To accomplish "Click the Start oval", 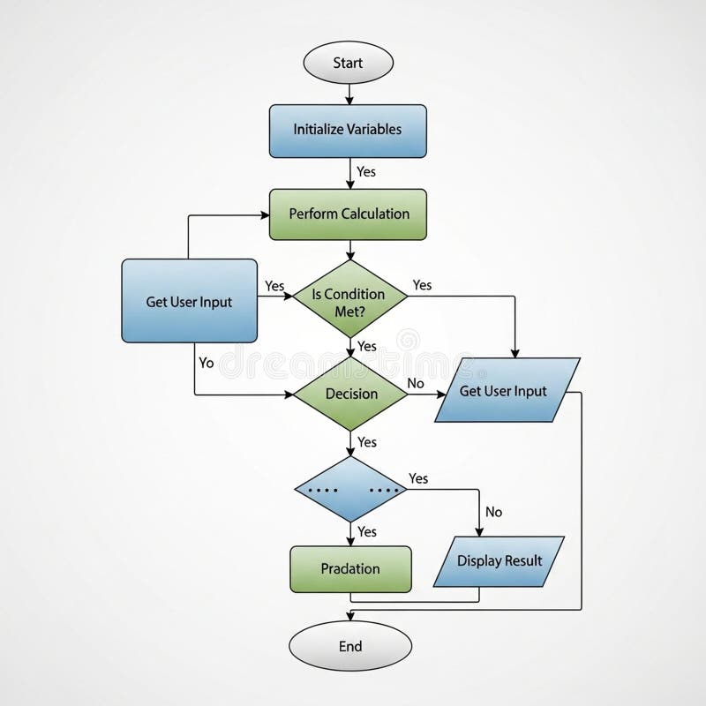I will [348, 63].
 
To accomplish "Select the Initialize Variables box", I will [348, 129].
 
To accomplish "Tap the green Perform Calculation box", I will [349, 214].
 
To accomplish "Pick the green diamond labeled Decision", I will [349, 394].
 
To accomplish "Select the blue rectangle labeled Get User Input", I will [189, 301].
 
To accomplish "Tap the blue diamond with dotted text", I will [349, 489].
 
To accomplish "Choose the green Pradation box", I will [350, 569].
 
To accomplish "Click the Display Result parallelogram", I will [499, 560].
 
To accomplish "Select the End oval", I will [350, 646].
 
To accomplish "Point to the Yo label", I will [207, 363].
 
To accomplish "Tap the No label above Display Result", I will [494, 512].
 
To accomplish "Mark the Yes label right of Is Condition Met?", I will [423, 285].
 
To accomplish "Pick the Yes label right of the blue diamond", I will [418, 478].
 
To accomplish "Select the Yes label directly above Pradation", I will [367, 531].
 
